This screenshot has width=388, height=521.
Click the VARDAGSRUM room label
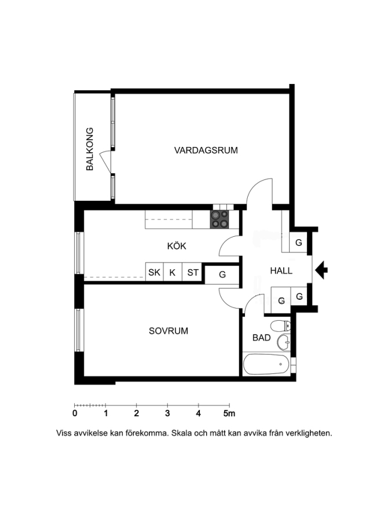pyautogui.click(x=206, y=150)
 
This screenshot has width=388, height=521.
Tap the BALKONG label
pyautogui.click(x=90, y=149)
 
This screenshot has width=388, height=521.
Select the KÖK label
pyautogui.click(x=177, y=246)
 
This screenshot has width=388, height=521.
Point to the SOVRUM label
pyautogui.click(x=169, y=331)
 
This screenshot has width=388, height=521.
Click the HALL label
pyautogui.click(x=281, y=271)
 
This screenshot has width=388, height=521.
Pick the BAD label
pyautogui.click(x=261, y=338)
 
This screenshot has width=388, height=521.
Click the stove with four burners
pyautogui.click(x=219, y=219)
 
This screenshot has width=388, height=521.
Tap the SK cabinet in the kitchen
pyautogui.click(x=154, y=272)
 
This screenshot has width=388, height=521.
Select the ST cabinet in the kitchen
pyautogui.click(x=192, y=272)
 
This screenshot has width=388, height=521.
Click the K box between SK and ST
pyautogui.click(x=173, y=272)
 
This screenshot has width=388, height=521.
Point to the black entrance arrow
pyautogui.click(x=321, y=269)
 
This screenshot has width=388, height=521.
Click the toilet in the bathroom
pyautogui.click(x=281, y=326)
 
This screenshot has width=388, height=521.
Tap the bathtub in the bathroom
pyautogui.click(x=266, y=364)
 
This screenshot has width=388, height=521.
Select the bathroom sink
pyautogui.click(x=284, y=342)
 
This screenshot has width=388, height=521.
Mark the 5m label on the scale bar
pyautogui.click(x=229, y=413)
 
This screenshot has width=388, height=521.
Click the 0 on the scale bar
pyautogui.click(x=75, y=413)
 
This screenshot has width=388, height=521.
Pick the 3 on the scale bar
pyautogui.click(x=167, y=413)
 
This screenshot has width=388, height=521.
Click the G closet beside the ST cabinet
pyautogui.click(x=222, y=274)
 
